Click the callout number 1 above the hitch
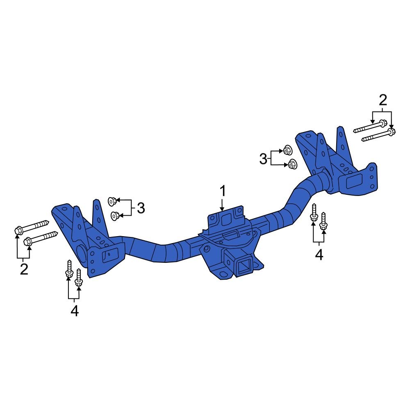(222, 191)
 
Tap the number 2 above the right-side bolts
(382, 100)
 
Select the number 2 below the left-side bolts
(24, 269)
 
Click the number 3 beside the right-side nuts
(263, 158)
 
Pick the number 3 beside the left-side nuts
(141, 209)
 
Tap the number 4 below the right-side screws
(319, 255)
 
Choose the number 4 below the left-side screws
(74, 311)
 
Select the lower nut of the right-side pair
(292, 164)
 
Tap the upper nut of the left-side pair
(111, 201)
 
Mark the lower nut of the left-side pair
(115, 214)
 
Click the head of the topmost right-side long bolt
(383, 123)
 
